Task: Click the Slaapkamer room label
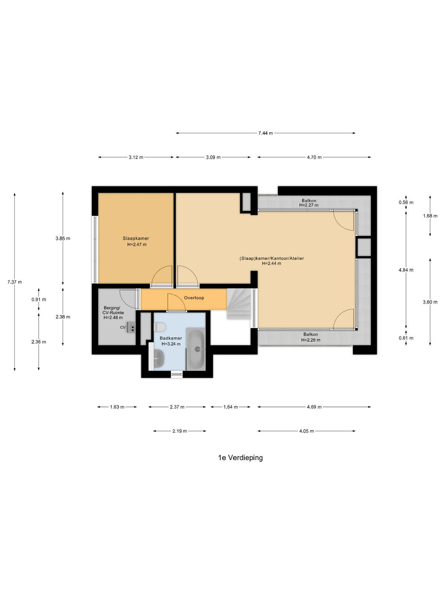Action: pyautogui.click(x=136, y=238)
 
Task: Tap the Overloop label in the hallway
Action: pyautogui.click(x=194, y=298)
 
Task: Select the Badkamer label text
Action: pyautogui.click(x=171, y=338)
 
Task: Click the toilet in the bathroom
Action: pyautogui.click(x=159, y=327)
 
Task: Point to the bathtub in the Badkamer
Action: pyautogui.click(x=197, y=349)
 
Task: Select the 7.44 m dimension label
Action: pyautogui.click(x=265, y=133)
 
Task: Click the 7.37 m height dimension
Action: pyautogui.click(x=14, y=282)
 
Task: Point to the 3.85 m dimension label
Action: pyautogui.click(x=63, y=238)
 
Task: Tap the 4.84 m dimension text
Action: pyautogui.click(x=406, y=269)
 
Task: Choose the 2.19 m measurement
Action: pyautogui.click(x=180, y=431)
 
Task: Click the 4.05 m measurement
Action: pyautogui.click(x=306, y=431)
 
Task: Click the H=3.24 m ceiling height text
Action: pyautogui.click(x=171, y=344)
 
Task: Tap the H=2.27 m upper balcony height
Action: pyautogui.click(x=309, y=205)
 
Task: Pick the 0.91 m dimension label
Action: pyautogui.click(x=39, y=299)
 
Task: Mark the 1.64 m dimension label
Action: pyautogui.click(x=230, y=407)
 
